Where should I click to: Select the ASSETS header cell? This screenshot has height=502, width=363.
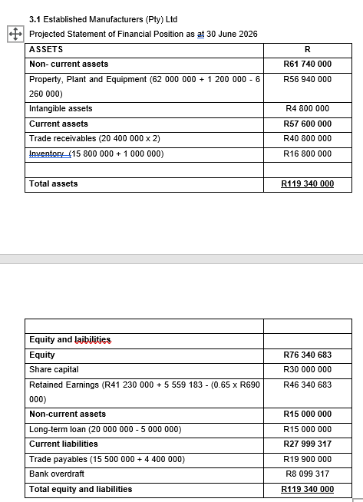[x=46, y=49]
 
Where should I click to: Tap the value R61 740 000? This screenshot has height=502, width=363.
[x=307, y=64]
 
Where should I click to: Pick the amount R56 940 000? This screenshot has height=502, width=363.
[x=307, y=80]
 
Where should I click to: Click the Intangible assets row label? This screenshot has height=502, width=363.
[x=61, y=109]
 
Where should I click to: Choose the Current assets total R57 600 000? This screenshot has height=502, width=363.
[x=307, y=124]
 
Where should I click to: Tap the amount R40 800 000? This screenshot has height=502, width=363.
[x=307, y=138]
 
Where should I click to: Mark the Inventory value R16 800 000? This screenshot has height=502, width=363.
[x=307, y=154]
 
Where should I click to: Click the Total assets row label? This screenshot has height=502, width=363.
[x=53, y=183]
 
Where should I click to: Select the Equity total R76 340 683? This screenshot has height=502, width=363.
[x=307, y=355]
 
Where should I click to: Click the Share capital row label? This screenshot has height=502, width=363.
[x=54, y=369]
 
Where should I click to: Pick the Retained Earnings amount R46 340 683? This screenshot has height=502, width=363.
[x=307, y=385]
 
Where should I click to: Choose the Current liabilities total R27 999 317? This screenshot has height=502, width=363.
[x=307, y=444]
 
